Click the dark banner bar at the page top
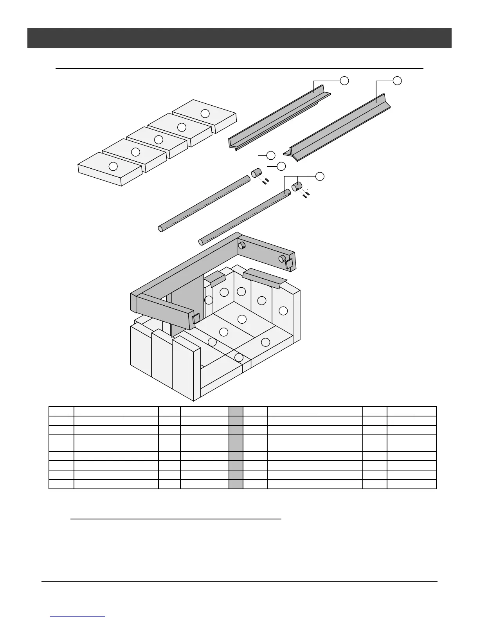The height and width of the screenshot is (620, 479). click(239, 38)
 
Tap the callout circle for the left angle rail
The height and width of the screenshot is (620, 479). click(344, 81)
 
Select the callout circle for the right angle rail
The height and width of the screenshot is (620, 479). click(397, 81)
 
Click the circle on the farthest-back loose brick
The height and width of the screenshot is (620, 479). click(205, 114)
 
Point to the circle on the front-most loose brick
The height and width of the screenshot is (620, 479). click(113, 166)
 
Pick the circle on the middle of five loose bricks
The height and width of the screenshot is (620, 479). click(158, 139)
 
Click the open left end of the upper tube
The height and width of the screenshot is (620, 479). click(160, 229)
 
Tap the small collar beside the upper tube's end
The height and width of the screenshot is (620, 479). click(256, 172)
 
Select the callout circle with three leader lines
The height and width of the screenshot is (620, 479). click(320, 176)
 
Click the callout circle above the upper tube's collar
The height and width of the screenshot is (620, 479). click(271, 155)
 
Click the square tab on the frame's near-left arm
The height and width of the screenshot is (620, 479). click(196, 319)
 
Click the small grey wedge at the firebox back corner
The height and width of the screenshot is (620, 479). click(214, 278)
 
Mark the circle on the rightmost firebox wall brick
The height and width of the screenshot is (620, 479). click(283, 311)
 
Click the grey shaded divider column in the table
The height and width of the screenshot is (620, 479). click(236, 448)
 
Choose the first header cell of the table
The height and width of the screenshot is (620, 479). click(61, 411)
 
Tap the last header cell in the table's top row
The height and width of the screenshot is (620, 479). click(411, 411)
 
